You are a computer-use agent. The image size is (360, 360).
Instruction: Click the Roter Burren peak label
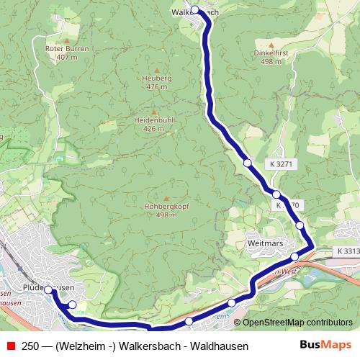pos(66,49)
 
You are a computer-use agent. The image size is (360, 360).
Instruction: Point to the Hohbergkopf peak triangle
pos(166,198)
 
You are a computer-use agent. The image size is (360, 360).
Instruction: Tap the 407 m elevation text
pos(66,57)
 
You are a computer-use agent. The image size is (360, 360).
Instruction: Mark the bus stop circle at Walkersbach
pos(194,10)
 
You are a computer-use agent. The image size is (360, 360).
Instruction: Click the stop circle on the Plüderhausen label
pos(48,289)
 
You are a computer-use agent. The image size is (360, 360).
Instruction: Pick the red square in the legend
pos(11,346)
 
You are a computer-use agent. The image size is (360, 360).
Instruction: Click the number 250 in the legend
pos(32,346)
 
